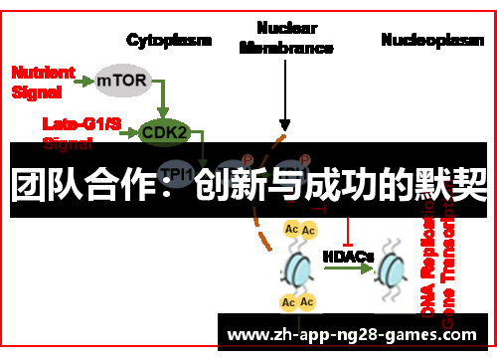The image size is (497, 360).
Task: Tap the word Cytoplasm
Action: tap(169, 40)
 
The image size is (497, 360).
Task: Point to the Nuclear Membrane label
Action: tap(285, 38)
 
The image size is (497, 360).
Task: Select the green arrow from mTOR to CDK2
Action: tap(162, 97)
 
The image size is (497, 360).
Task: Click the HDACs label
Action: tap(348, 256)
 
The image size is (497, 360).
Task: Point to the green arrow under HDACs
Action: tap(348, 269)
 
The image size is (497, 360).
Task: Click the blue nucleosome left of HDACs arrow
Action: tap(298, 269)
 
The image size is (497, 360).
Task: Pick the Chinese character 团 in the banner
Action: tap(30, 184)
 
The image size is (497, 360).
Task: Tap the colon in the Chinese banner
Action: tap(176, 186)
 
